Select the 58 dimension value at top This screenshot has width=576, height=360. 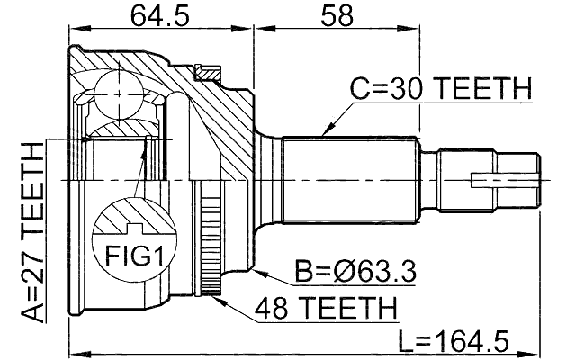(335, 15)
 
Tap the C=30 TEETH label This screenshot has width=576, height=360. (440, 89)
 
